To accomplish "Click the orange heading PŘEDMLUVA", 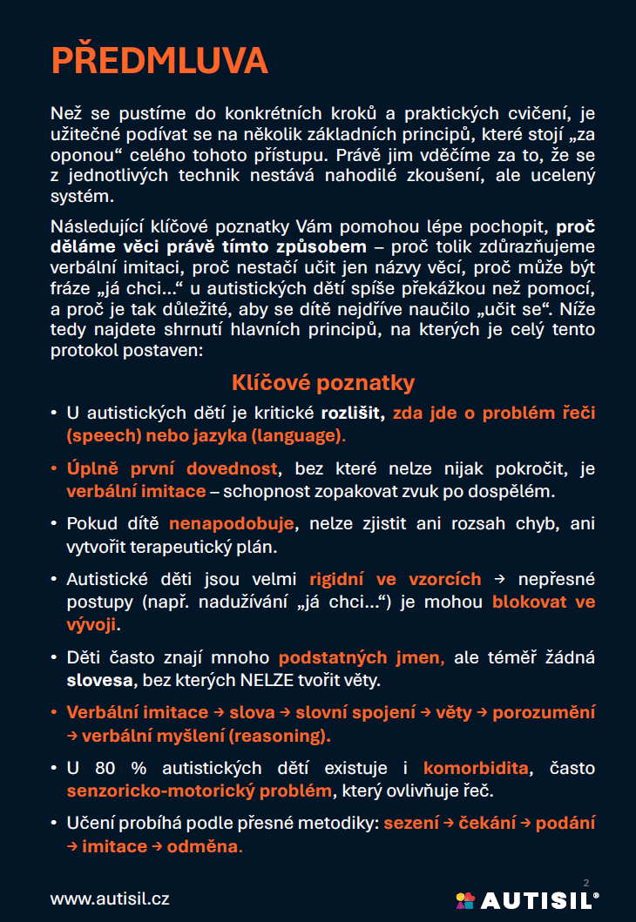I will [x=159, y=60].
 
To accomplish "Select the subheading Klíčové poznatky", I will [x=323, y=382].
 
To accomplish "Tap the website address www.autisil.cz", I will [x=110, y=898].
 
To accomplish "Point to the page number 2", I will [x=585, y=883].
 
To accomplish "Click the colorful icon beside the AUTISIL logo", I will [x=465, y=899].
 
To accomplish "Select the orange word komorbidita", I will [x=476, y=768].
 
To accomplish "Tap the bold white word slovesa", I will [x=98, y=679].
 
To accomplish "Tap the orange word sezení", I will [x=410, y=823].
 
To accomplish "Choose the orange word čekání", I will [x=490, y=823].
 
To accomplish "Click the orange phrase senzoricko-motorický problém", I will [x=200, y=791].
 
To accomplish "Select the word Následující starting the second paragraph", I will [x=97, y=227].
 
